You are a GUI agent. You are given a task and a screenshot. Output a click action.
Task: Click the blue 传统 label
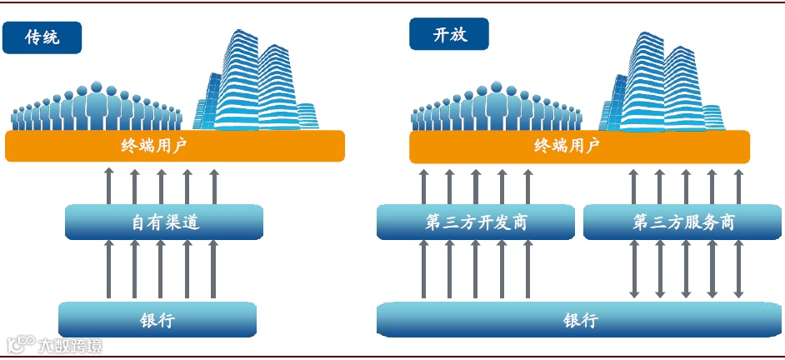pyautogui.click(x=42, y=37)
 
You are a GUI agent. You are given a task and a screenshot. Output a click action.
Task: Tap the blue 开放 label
pyautogui.click(x=448, y=34)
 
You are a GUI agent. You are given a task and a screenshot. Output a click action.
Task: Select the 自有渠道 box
pyautogui.click(x=164, y=222)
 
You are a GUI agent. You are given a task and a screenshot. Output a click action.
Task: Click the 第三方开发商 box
pyautogui.click(x=475, y=222)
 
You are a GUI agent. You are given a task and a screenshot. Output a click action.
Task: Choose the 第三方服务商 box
pyautogui.click(x=683, y=222)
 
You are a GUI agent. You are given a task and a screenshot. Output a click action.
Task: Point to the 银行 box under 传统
pyautogui.click(x=157, y=319)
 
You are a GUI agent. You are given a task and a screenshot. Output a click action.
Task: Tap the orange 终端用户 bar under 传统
pyautogui.click(x=174, y=146)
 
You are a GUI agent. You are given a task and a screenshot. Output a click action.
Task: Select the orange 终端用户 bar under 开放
pyautogui.click(x=579, y=146)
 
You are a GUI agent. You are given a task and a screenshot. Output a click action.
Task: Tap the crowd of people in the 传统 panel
pyautogui.click(x=97, y=108)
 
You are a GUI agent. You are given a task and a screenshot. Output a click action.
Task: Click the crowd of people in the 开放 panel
pyautogui.click(x=495, y=108)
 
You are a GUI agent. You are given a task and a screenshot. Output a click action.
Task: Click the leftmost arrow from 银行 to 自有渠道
pyautogui.click(x=108, y=269)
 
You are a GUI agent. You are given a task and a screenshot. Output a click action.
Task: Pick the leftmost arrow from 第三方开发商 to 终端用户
pyautogui.click(x=423, y=185)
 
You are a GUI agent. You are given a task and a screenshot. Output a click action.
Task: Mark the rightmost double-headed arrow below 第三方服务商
pyautogui.click(x=737, y=269)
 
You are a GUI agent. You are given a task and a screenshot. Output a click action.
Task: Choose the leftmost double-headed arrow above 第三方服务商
pyautogui.click(x=633, y=185)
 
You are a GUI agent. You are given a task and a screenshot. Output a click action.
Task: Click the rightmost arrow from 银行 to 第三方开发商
pyautogui.click(x=527, y=269)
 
